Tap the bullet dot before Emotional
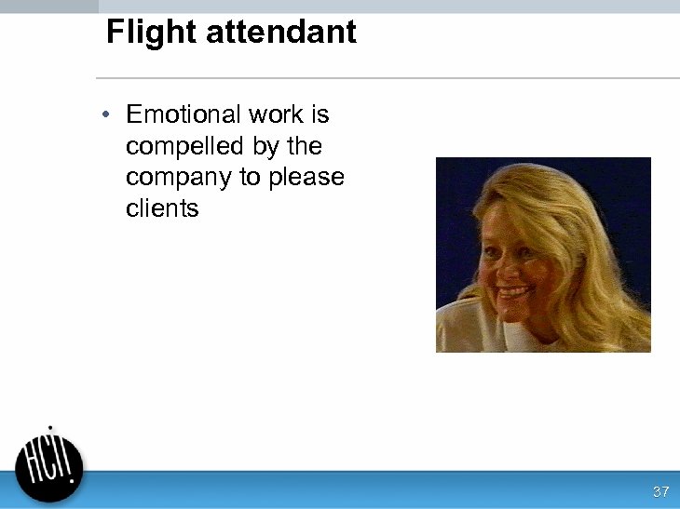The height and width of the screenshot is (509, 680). tap(108, 114)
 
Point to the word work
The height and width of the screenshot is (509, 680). tap(276, 114)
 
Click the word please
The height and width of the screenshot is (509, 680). tap(306, 178)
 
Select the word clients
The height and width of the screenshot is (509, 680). tap(162, 208)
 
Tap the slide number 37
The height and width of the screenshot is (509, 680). tap(661, 491)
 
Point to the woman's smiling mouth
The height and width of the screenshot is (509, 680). tap(514, 294)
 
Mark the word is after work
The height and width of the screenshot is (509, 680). tap(320, 114)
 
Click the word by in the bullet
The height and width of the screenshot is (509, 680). tap(265, 146)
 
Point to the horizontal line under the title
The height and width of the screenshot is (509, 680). tap(388, 78)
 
